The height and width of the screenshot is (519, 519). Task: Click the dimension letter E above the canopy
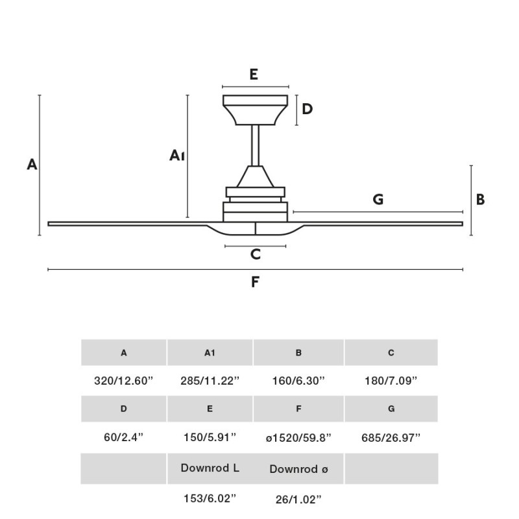[x=254, y=74]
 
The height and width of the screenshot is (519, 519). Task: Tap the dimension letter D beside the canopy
[x=308, y=109]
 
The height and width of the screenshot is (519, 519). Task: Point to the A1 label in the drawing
[x=177, y=155]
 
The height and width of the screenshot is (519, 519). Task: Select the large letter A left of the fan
[x=32, y=165]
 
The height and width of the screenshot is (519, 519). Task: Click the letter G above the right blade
[x=378, y=200]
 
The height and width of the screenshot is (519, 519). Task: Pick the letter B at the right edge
[x=480, y=200]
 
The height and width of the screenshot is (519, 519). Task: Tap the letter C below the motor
[x=256, y=254]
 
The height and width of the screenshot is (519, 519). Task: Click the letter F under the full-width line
[x=256, y=282]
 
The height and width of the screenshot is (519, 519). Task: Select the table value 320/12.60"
[x=123, y=381]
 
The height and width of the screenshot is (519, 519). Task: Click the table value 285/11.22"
[x=210, y=381]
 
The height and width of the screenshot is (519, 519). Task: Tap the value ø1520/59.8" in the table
[x=298, y=437]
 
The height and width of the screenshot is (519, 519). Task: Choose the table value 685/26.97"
[x=391, y=437]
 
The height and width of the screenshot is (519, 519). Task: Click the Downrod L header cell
[x=210, y=468]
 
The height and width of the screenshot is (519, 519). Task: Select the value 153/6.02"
[x=210, y=498]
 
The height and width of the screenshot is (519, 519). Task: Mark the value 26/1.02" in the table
[x=298, y=498]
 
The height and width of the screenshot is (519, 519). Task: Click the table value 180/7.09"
[x=391, y=381]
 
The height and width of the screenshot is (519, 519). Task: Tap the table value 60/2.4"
[x=123, y=437]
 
